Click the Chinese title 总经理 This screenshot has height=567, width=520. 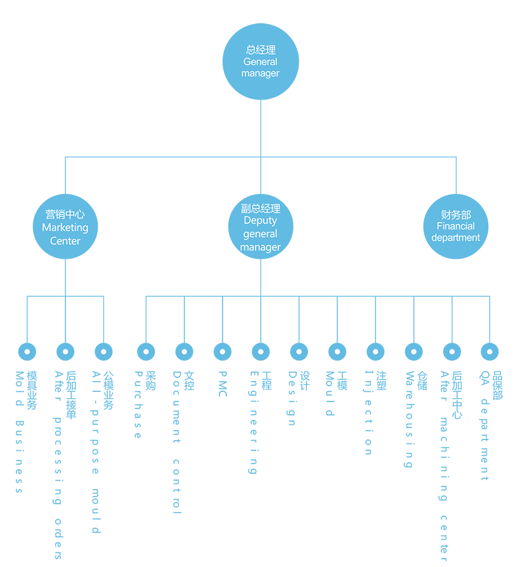click(261, 49)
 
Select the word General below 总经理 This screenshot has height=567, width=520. click(261, 62)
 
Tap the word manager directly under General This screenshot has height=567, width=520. click(261, 74)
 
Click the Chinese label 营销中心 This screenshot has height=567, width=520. click(65, 214)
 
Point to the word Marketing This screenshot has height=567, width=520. click(65, 228)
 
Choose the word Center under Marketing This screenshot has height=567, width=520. click(65, 241)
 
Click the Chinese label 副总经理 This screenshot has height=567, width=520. click(261, 208)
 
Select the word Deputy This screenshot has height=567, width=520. click(261, 221)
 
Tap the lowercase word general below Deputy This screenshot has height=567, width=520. click(261, 234)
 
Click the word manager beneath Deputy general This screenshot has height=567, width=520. click(261, 247)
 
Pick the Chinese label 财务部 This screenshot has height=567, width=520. click(456, 215)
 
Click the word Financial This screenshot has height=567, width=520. click(456, 226)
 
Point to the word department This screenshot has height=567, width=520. click(456, 238)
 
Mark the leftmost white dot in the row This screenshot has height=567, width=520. click(27, 351)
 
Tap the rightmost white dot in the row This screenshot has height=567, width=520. click(490, 351)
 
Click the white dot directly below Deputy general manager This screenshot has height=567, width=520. click(261, 351)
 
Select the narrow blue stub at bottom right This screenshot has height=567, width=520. click(485, 466)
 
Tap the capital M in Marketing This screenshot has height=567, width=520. click(46, 228)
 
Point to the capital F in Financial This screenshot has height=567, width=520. click(439, 226)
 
